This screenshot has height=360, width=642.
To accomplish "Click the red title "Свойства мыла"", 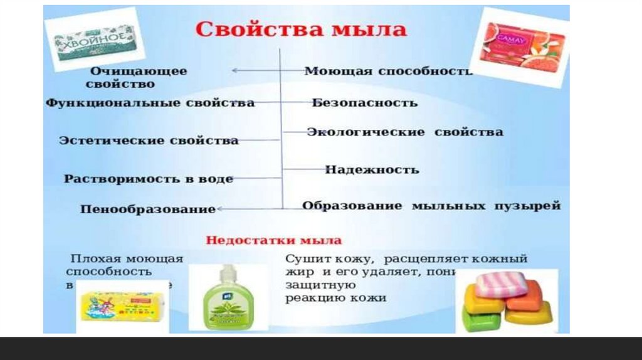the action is click(x=302, y=29).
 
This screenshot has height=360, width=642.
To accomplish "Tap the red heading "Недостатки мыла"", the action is click(x=274, y=240).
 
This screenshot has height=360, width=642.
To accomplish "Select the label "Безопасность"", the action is click(x=364, y=103).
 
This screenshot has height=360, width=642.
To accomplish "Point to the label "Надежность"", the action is click(x=372, y=170).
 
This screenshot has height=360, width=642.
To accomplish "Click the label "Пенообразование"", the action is click(x=148, y=209).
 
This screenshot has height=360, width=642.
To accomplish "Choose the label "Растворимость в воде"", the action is click(x=149, y=179).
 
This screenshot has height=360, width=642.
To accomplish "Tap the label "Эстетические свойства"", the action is click(x=149, y=140).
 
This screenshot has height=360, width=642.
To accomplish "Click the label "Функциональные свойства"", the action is click(x=150, y=103).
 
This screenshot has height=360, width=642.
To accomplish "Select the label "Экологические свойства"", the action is click(x=404, y=132).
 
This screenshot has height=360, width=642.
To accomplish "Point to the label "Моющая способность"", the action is click(x=387, y=71).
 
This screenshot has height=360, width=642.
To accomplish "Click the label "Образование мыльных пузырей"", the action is click(x=431, y=206).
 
